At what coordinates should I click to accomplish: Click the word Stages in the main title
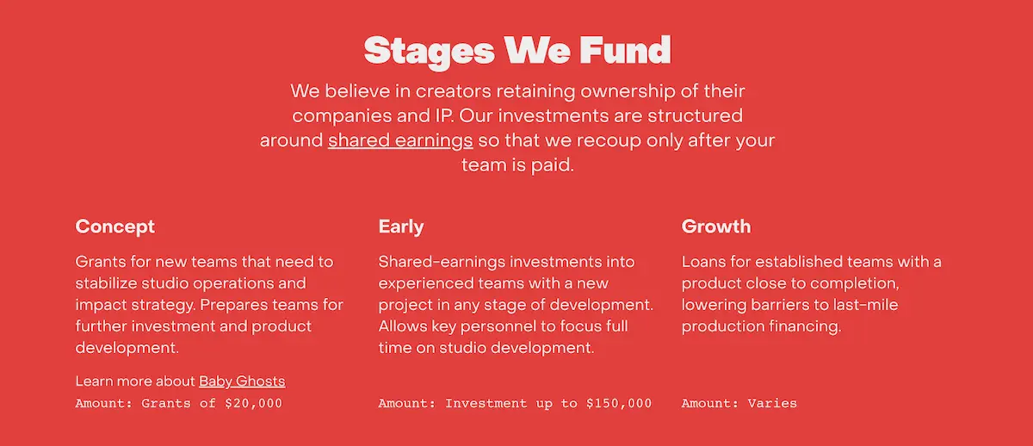(x=429, y=52)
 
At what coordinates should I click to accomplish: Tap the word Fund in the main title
(x=625, y=49)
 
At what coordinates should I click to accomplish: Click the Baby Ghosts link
(x=242, y=381)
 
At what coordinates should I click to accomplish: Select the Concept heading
(x=114, y=226)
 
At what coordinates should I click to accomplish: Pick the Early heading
(x=401, y=227)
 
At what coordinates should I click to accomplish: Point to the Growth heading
(x=716, y=226)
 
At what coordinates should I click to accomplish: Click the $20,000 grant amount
(x=253, y=403)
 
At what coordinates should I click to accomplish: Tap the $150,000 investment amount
(x=619, y=403)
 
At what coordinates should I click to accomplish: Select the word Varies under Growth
(x=772, y=403)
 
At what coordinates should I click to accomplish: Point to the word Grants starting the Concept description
(x=101, y=262)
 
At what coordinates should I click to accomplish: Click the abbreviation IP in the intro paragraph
(x=444, y=115)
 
